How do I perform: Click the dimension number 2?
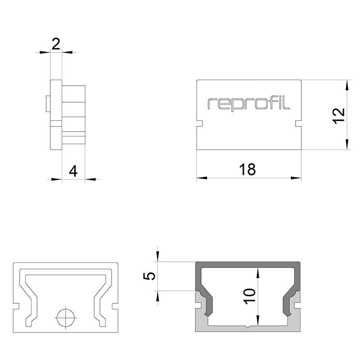pyautogui.click(x=56, y=44)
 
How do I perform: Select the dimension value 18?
pyautogui.click(x=247, y=170)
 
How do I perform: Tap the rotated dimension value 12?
pyautogui.click(x=339, y=116)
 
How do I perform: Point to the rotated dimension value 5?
pyautogui.click(x=149, y=276)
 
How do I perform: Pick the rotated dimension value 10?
pyautogui.click(x=250, y=297)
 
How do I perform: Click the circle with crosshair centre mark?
pyautogui.click(x=66, y=318)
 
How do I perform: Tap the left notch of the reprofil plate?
pyautogui.click(x=199, y=123)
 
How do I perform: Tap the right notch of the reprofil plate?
pyautogui.click(x=298, y=123)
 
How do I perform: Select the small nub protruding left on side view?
pyautogui.click(x=48, y=103)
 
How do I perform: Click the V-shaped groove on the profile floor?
pyautogui.click(x=247, y=327)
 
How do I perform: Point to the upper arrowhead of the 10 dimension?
pyautogui.click(x=258, y=273)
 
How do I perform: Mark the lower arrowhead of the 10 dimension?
pyautogui.click(x=258, y=320)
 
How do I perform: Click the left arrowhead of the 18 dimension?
pyautogui.click(x=202, y=178)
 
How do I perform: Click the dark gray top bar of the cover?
pyautogui.click(x=248, y=265)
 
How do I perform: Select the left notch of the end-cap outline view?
pyautogui.click(x=16, y=306)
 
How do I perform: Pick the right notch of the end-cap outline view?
pyautogui.click(x=115, y=306)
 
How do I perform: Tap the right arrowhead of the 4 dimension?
pyautogui.click(x=90, y=179)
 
